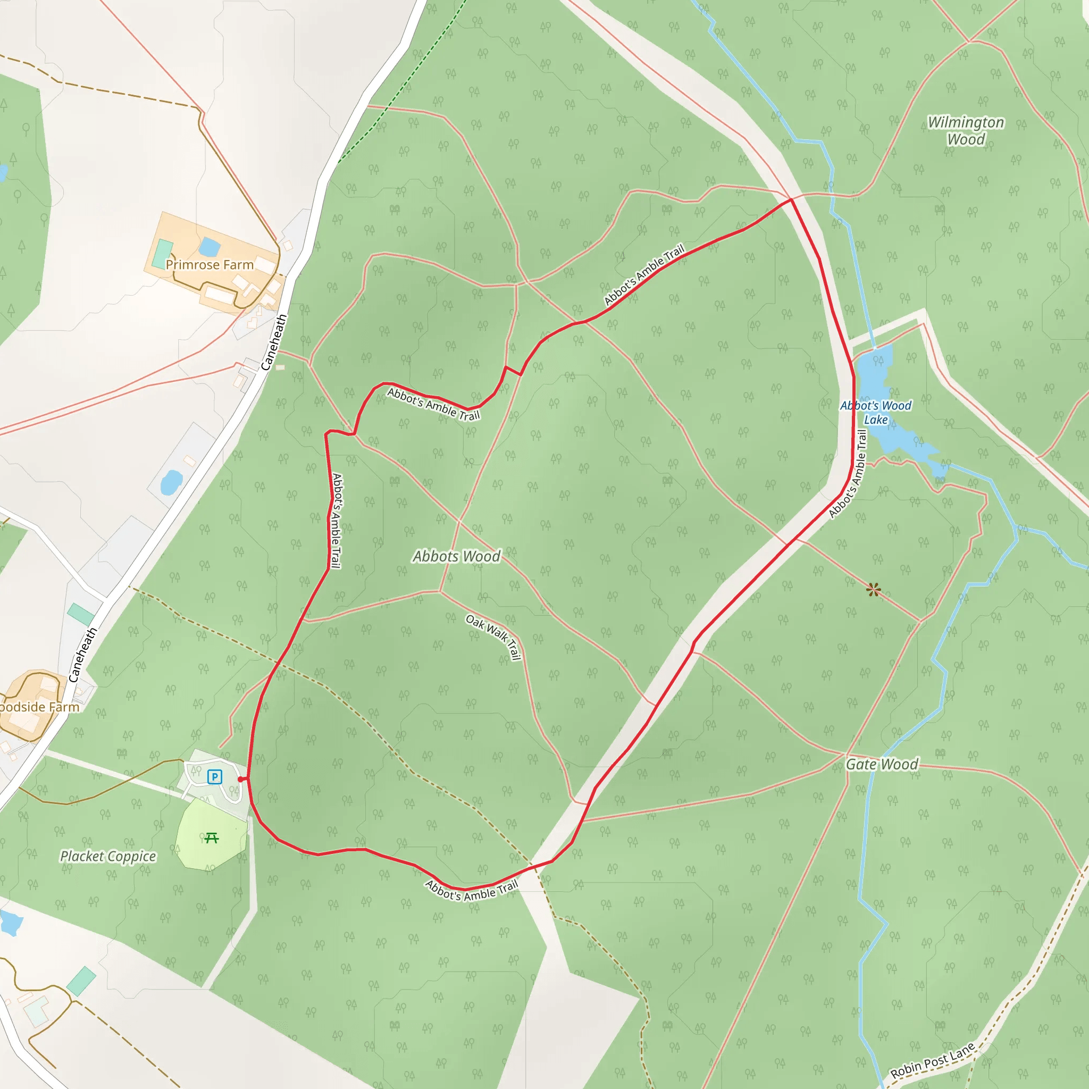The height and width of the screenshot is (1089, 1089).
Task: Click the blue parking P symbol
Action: point(214,777)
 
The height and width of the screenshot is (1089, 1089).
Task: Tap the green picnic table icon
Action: point(212,838)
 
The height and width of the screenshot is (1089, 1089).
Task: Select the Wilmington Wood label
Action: point(966,131)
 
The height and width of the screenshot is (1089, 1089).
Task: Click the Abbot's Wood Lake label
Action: point(875,413)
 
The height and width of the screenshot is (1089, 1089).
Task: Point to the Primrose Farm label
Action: point(209,265)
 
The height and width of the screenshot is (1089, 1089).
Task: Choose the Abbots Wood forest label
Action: point(456,556)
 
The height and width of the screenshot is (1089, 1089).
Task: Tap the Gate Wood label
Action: point(882,764)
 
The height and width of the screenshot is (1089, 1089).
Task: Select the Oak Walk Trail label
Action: point(493,637)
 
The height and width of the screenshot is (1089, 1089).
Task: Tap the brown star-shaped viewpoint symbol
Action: point(873,590)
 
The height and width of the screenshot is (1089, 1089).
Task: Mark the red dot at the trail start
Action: point(241,779)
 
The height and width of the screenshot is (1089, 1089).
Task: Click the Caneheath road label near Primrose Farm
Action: point(274,342)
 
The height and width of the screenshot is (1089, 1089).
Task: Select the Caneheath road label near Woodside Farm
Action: point(82,655)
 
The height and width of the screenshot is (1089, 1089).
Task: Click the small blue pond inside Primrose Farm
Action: point(209,246)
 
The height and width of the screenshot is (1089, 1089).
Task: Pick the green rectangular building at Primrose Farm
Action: point(163,253)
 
